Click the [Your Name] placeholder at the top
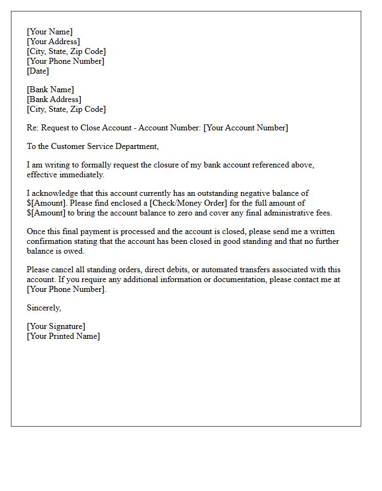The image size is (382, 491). pos(50,32)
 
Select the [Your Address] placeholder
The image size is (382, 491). pos(53,41)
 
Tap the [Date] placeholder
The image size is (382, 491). pos(38,71)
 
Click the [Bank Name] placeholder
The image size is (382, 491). pos(50,89)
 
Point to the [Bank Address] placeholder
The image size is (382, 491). pos(54,99)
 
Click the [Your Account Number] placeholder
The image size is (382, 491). pos(246,128)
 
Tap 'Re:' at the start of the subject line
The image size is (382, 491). pos(33,128)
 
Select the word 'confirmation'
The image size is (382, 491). pos(51,241)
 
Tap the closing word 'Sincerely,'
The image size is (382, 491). pos(44,308)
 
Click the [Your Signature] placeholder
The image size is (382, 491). pos(56,326)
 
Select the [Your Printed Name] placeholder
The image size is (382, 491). pos(63,336)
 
